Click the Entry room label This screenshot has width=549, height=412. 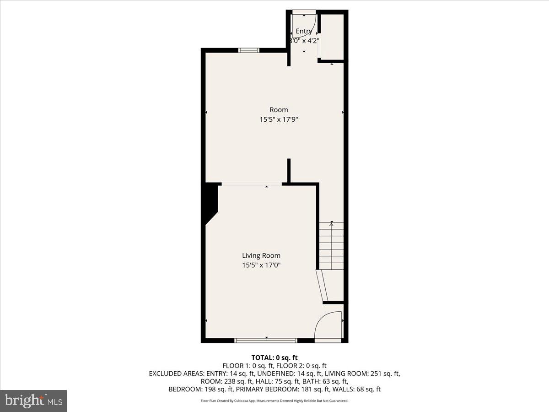304,31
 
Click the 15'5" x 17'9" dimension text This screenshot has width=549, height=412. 279,119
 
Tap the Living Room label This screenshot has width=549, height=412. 261,255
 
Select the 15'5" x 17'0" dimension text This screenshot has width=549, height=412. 261,265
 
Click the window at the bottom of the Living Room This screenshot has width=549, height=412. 266,340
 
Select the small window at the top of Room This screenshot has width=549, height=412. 249,50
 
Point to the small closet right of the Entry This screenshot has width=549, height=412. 332,37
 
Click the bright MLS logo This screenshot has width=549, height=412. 33,401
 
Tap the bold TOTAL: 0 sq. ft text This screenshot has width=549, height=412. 274,358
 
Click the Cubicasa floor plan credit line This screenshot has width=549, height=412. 274,401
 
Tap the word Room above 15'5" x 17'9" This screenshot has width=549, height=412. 279,110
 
